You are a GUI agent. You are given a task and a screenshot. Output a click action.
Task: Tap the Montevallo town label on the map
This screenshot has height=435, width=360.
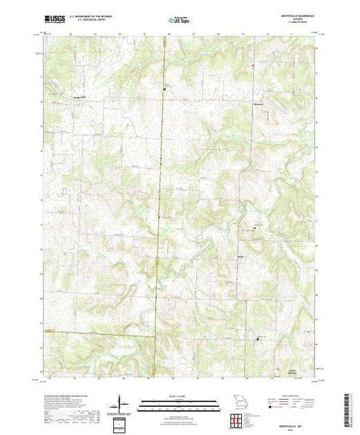pos(80,97)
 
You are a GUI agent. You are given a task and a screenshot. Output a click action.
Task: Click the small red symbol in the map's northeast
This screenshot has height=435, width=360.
pos(253,67)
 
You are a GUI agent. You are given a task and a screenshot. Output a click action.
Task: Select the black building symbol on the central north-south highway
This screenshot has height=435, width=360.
pos(164,89)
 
